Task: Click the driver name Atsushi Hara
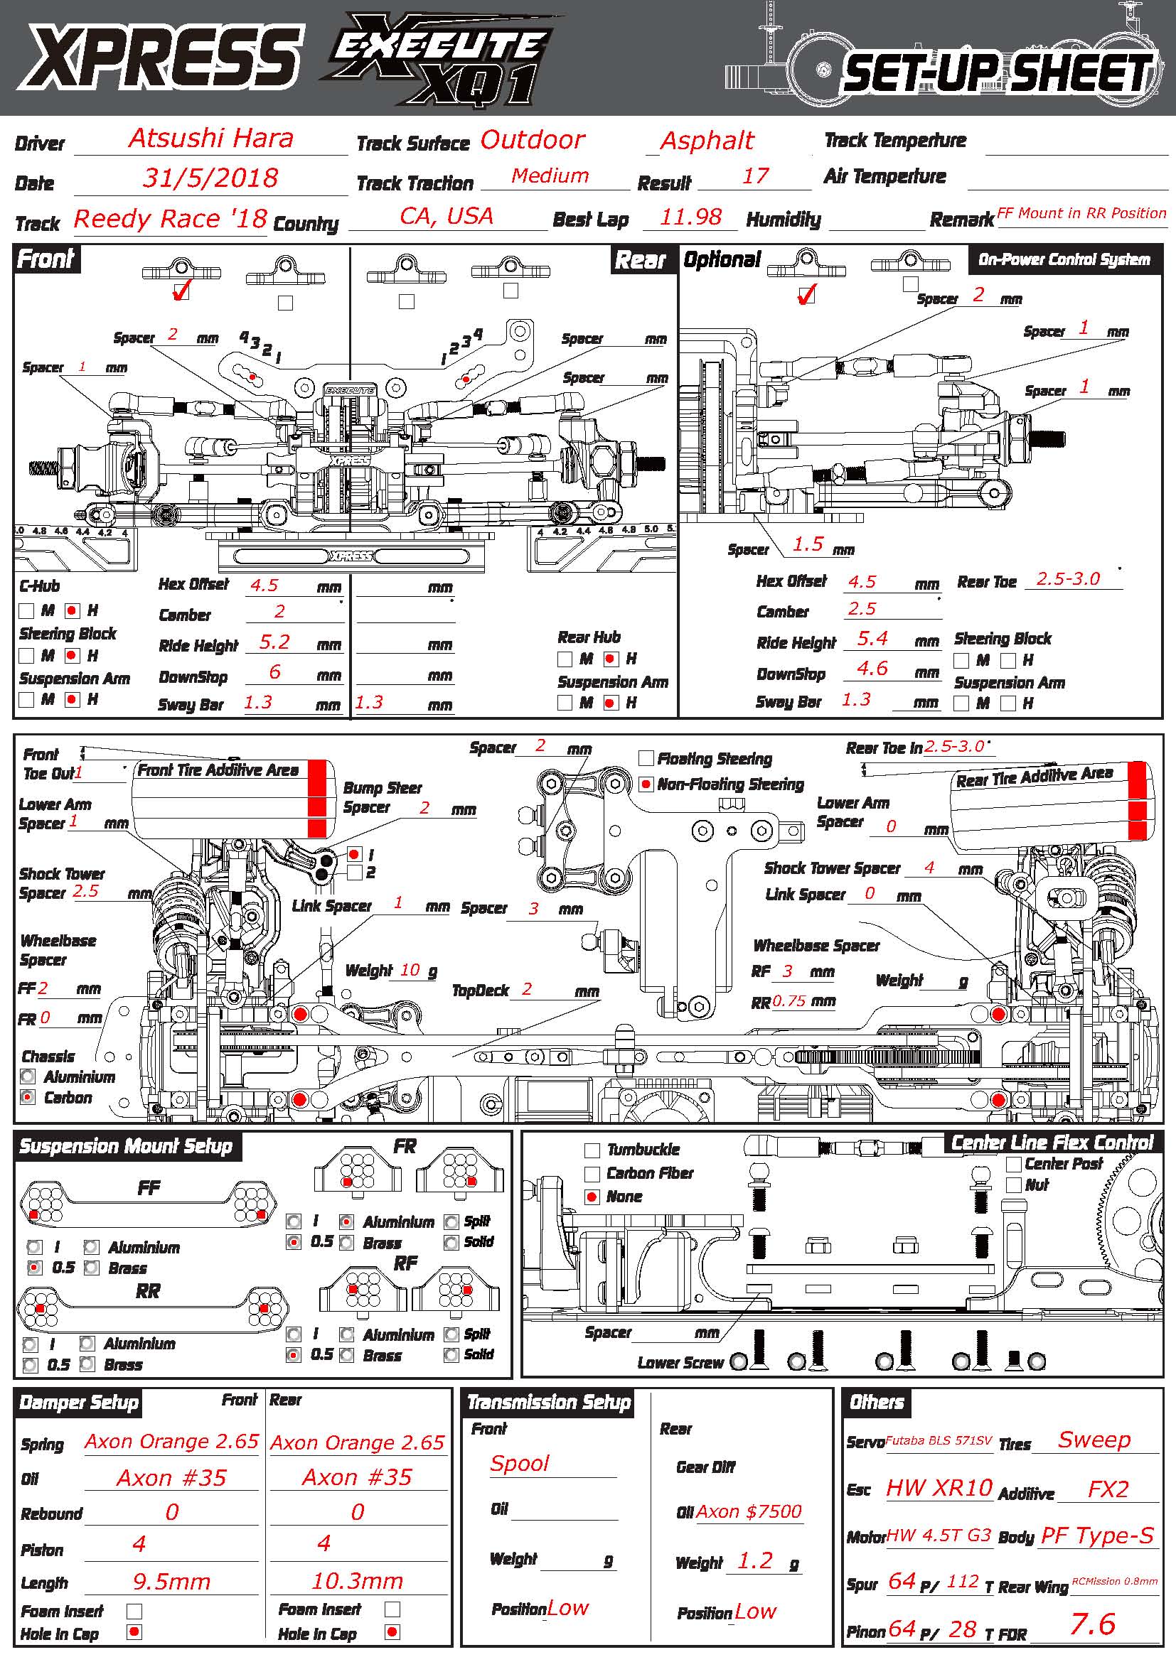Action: pos(210,139)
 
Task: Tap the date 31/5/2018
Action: pos(210,178)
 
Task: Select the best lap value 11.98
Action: pos(691,217)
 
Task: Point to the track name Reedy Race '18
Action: pos(170,219)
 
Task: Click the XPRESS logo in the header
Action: pos(161,57)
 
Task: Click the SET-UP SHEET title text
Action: pos(996,75)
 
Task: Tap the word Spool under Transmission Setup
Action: pos(520,1463)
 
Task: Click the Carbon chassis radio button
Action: pos(28,1097)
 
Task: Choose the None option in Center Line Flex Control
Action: pos(592,1197)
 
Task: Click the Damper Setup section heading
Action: pos(78,1403)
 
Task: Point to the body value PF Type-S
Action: pos(1096,1535)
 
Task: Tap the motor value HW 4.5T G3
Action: pos(939,1535)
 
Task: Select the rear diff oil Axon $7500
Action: pos(749,1511)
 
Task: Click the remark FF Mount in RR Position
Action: pos(1081,214)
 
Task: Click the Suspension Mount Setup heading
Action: pos(125,1147)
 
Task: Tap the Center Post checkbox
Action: pos(1014,1164)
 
